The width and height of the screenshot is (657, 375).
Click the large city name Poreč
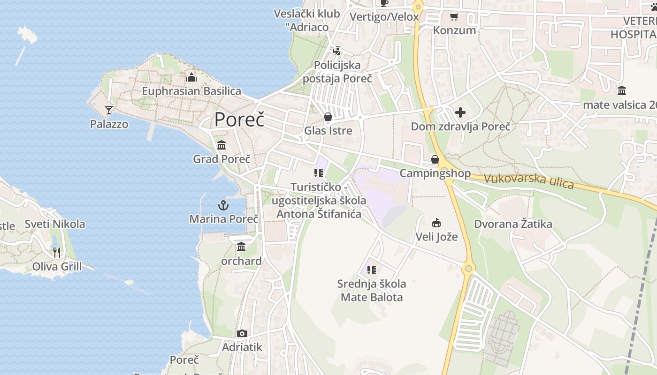tap(239, 120)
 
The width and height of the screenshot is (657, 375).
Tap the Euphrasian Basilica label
tap(191, 91)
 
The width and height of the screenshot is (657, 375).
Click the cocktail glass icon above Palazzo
tap(109, 110)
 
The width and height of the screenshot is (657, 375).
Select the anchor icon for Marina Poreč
tap(223, 205)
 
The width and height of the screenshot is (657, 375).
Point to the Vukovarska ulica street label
tap(528, 181)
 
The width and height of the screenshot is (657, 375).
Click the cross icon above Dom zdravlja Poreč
tap(460, 112)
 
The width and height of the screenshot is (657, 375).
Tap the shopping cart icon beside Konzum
tap(454, 17)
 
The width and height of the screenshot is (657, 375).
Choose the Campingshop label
tap(435, 173)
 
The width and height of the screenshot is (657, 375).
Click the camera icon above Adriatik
tap(242, 334)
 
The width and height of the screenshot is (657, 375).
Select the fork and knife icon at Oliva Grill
tap(57, 253)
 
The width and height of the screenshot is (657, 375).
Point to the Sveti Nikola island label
tap(55, 224)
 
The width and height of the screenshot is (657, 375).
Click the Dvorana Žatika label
tap(513, 224)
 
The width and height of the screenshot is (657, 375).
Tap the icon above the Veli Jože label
tap(436, 223)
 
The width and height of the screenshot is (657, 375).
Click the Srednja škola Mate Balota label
tap(372, 290)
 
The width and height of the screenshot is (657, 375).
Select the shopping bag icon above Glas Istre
tap(328, 116)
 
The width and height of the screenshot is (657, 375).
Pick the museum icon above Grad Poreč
tap(222, 145)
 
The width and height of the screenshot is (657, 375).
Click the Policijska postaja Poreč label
tap(337, 72)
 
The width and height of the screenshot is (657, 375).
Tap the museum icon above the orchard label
tap(241, 247)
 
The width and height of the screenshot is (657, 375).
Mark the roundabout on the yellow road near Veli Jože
tap(468, 268)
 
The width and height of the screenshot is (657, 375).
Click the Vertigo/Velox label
tap(384, 17)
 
